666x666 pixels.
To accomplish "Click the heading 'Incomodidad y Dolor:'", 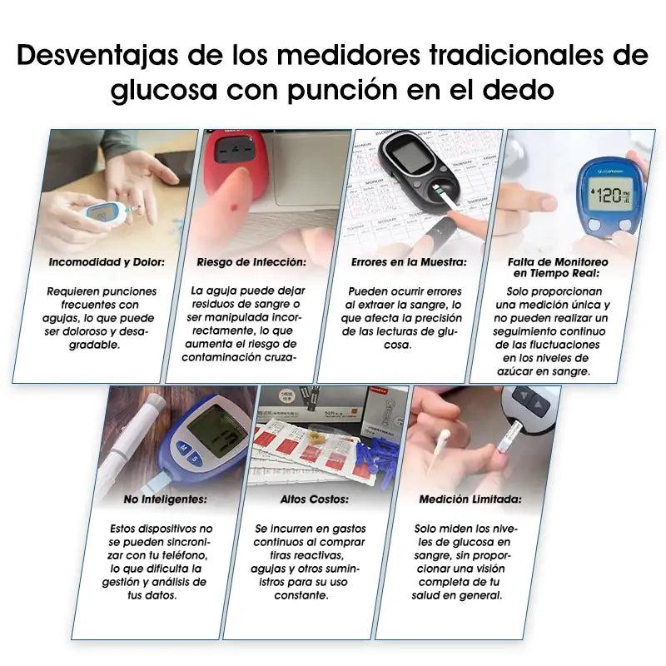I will coord(106,261).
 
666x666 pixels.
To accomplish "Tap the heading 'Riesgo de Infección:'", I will coord(251,261).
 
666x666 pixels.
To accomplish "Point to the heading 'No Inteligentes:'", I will coord(166,499).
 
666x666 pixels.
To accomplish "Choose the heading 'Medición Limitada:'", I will coord(459,499).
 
